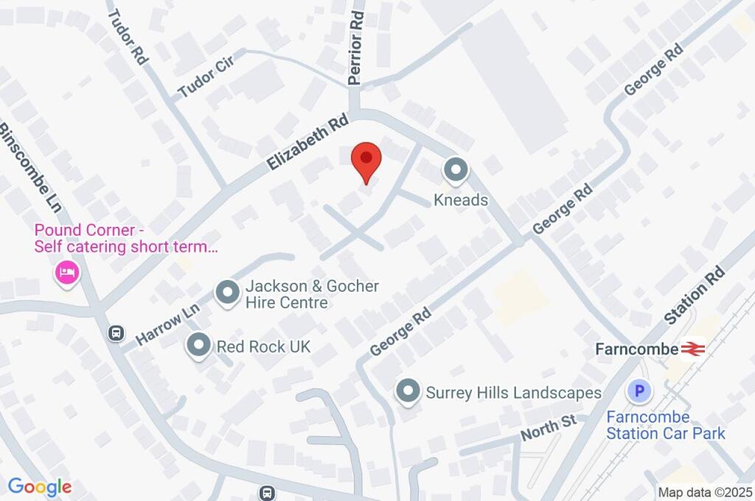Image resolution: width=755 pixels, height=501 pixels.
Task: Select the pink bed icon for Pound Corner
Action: click(68, 273)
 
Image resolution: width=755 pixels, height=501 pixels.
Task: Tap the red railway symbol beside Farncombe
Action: click(693, 348)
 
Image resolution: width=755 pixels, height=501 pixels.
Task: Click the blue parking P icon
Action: click(639, 391)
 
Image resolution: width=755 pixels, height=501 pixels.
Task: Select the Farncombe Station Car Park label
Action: click(665, 425)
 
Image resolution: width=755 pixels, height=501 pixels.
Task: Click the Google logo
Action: click(40, 486)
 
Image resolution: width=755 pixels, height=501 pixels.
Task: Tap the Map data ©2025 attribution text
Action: click(704, 492)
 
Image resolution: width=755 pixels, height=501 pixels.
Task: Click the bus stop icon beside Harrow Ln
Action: click(116, 334)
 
